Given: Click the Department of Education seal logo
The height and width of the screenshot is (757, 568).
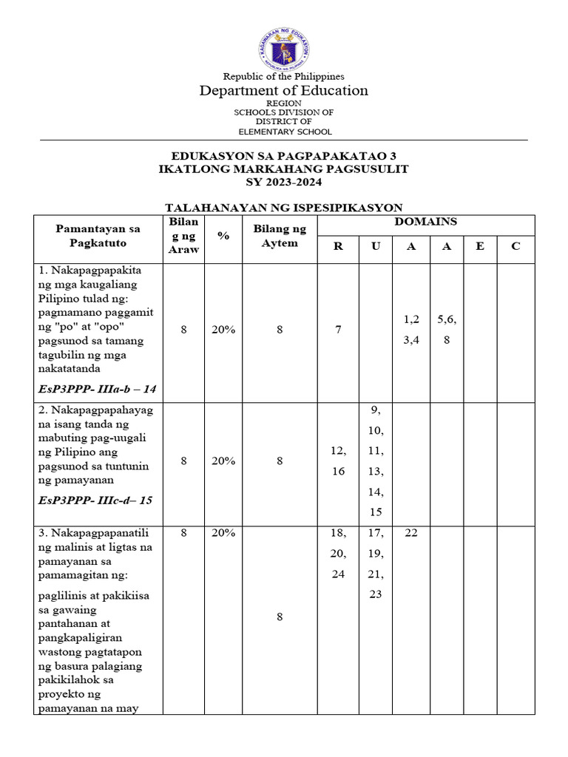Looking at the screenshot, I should click(284, 50).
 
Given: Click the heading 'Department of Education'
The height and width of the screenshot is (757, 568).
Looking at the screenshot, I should click(284, 90).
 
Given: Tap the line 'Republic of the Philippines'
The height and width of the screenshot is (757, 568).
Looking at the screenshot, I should click(284, 76).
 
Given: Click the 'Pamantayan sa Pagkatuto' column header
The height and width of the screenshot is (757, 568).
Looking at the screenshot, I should click(98, 235).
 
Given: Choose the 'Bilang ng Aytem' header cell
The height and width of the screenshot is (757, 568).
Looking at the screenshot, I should click(280, 235).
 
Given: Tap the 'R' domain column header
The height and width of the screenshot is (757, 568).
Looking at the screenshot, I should click(338, 246).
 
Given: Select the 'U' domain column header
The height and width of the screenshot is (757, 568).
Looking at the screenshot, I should click(376, 246).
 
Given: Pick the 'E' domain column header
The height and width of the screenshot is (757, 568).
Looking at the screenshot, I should click(480, 246).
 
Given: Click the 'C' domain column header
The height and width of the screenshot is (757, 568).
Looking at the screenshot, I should click(515, 246).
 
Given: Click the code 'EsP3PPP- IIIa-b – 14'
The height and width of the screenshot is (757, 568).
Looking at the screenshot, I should click(98, 388).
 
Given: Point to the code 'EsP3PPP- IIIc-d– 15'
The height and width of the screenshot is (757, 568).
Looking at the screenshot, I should click(95, 500).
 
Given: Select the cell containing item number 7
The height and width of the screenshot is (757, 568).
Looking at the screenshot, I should click(338, 330).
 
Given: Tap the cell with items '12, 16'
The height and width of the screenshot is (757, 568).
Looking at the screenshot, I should click(338, 461).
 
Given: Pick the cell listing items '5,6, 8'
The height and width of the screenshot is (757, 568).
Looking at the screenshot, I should click(447, 330).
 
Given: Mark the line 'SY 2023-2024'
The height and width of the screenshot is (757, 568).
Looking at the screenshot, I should click(284, 182).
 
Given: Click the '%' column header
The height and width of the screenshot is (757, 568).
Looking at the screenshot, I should click(223, 235).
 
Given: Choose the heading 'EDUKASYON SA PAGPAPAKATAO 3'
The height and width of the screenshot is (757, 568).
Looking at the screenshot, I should click(284, 156).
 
